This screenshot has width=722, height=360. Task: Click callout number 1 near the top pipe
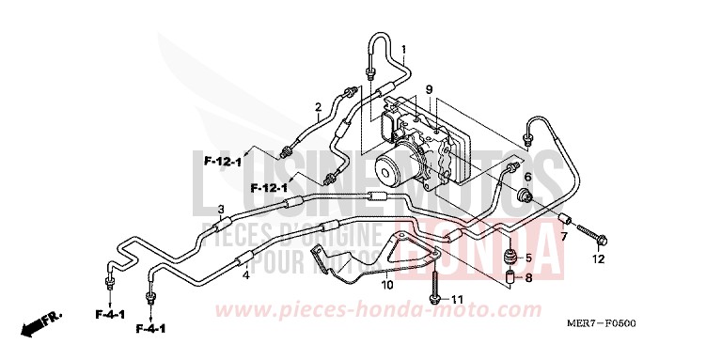(x=403, y=49)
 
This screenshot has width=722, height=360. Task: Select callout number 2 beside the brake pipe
(x=318, y=106)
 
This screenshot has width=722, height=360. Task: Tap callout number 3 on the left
(x=220, y=209)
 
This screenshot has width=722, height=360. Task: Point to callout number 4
(x=245, y=275)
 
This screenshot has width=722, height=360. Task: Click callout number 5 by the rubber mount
(x=528, y=258)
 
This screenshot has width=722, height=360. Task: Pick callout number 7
(x=564, y=236)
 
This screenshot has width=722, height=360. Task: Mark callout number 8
(x=528, y=278)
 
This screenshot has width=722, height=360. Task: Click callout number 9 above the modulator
(x=428, y=89)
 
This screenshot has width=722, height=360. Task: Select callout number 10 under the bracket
(x=386, y=284)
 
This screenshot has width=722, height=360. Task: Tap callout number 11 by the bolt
(x=458, y=300)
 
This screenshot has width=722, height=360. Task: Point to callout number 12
(x=598, y=258)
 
